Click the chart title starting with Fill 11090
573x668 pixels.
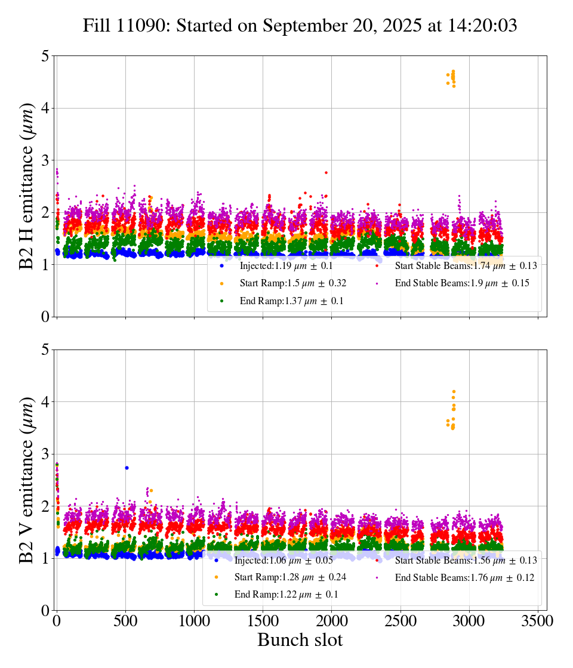click(x=300, y=26)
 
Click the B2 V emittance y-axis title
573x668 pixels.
click(x=27, y=480)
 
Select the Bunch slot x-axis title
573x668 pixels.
click(x=300, y=640)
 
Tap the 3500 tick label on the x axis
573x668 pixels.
click(x=538, y=621)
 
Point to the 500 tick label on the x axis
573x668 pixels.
click(x=125, y=621)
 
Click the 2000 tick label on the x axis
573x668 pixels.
click(x=331, y=621)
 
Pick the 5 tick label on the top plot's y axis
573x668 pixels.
click(x=44, y=56)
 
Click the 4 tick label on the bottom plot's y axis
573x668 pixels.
click(x=44, y=402)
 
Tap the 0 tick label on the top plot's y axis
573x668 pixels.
click(x=44, y=317)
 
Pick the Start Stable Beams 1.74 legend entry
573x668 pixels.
click(x=457, y=266)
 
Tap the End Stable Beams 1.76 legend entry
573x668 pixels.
click(x=457, y=577)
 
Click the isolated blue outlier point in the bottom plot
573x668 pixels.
click(x=127, y=468)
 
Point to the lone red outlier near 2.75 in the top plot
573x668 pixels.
click(x=326, y=172)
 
